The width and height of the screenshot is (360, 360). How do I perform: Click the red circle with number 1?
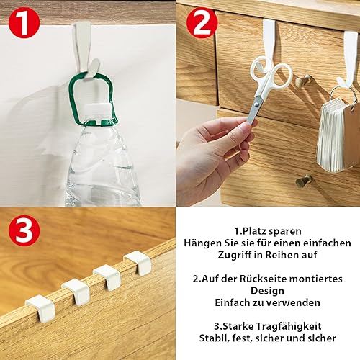[24, 23]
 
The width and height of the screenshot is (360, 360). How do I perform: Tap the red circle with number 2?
[202, 23]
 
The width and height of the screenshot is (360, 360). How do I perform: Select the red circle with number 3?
[24, 233]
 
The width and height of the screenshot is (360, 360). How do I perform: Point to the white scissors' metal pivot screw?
[257, 104]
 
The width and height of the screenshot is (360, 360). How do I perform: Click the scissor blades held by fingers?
[255, 110]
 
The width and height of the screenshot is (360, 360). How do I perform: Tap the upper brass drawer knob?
[303, 81]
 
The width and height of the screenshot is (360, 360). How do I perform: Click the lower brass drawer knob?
[303, 181]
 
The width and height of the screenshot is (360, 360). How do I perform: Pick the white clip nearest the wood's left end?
[41, 309]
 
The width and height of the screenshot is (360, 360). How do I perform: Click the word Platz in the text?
[254, 231]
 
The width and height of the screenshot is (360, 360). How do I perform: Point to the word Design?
[267, 291]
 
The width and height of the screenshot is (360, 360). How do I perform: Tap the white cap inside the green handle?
[99, 109]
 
